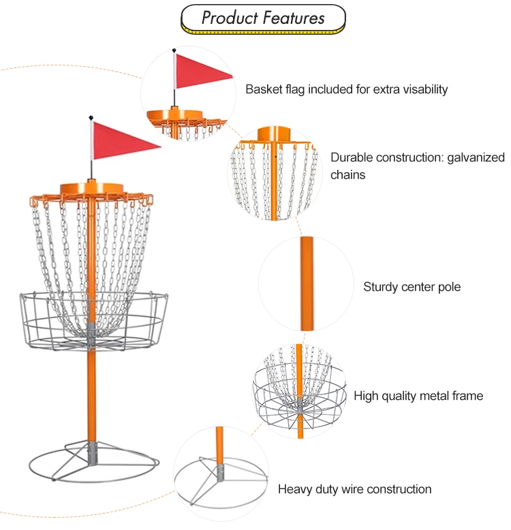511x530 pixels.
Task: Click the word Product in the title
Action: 230,18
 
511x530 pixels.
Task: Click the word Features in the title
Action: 294,18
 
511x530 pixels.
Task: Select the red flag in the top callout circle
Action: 203,72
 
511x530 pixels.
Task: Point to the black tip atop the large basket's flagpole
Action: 91,118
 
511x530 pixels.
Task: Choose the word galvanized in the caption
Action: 476,157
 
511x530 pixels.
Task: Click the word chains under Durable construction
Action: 347,175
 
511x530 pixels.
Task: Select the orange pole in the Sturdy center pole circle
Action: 307,283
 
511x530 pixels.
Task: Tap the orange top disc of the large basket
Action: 91,189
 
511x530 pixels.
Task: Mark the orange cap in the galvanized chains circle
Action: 274,134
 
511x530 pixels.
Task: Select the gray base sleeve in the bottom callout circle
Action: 220,473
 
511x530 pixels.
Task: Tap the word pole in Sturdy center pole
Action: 449,287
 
